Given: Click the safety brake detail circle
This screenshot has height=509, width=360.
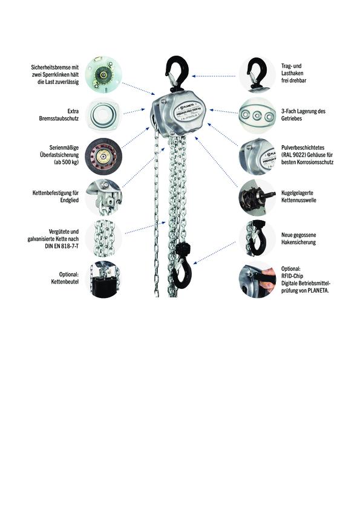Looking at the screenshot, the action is (103, 75).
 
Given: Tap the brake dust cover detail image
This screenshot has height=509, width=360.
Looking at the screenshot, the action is (103, 115).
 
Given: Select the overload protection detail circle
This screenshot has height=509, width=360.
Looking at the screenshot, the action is (103, 157).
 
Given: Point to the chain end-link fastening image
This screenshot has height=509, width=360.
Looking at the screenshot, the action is (103, 197).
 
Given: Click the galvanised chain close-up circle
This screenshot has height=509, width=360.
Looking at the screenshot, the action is (104, 238).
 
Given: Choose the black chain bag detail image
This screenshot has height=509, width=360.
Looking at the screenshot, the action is (103, 279).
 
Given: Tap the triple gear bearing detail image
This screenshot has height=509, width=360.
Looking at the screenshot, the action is (257, 115).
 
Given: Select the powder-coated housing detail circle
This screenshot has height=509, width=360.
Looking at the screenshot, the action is (257, 157).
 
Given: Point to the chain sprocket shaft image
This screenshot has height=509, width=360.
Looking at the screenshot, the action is (257, 197).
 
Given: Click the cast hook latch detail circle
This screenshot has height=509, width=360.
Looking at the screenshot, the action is (257, 238).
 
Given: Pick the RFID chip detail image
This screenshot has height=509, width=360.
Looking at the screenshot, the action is (257, 279).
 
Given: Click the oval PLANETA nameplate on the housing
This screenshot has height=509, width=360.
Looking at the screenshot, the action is (188, 111).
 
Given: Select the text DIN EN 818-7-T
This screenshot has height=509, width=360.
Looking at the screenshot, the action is (62, 246).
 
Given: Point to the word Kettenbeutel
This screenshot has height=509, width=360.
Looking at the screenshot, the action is (65, 282).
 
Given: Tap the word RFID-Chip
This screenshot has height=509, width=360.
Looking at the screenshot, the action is (292, 276).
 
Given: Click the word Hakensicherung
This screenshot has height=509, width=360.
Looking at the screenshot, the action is (298, 242).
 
